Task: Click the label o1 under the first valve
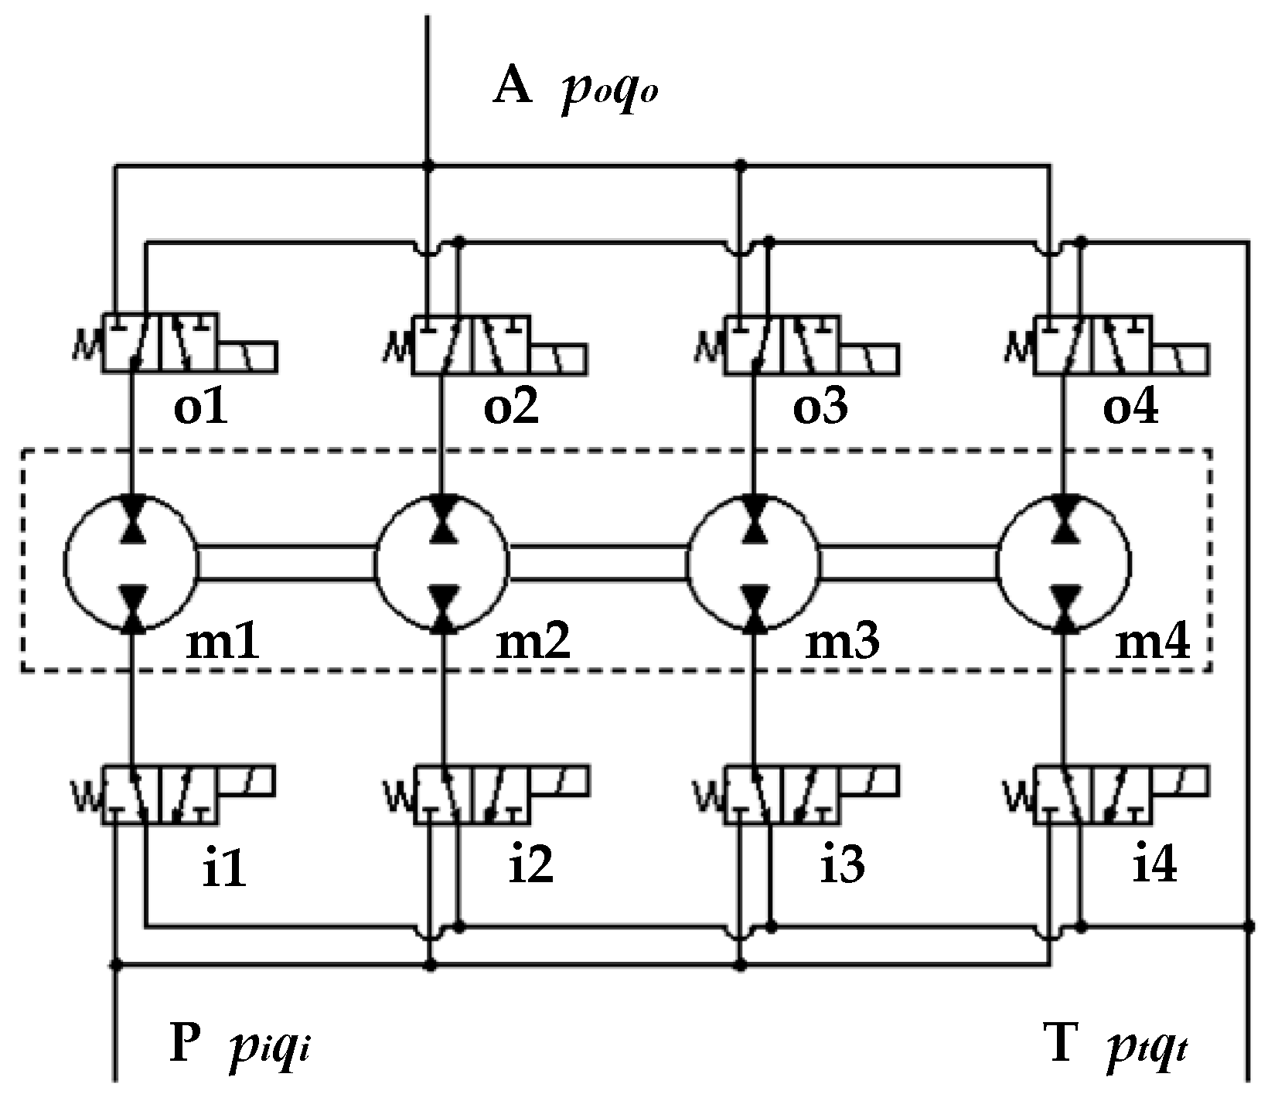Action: click(x=200, y=408)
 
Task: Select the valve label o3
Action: click(x=820, y=408)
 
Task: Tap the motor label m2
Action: click(x=533, y=641)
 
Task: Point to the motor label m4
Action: click(x=1152, y=641)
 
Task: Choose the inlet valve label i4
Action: click(x=1154, y=865)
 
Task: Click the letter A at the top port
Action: click(x=513, y=87)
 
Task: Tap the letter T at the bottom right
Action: click(x=1062, y=1045)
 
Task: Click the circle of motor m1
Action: click(x=131, y=562)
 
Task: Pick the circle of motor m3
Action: click(x=753, y=562)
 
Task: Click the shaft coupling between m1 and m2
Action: click(x=286, y=562)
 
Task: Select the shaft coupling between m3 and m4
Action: click(x=908, y=562)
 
